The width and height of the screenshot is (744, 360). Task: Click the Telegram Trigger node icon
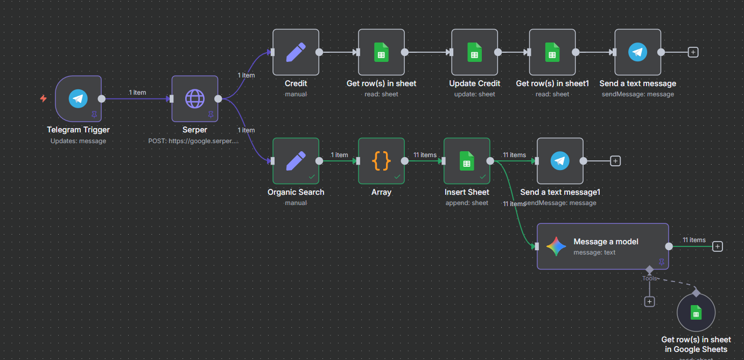click(x=79, y=98)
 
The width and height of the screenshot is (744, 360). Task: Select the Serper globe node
click(x=194, y=98)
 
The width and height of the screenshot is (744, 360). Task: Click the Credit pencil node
click(x=296, y=52)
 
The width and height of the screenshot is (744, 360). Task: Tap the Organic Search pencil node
click(x=296, y=161)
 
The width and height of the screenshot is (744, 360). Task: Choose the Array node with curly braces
click(x=381, y=161)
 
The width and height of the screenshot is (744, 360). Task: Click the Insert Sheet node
click(x=467, y=161)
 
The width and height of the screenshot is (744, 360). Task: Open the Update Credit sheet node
click(x=474, y=52)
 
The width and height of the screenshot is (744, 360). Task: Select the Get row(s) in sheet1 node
click(x=552, y=52)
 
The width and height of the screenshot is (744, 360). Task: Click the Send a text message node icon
click(x=637, y=52)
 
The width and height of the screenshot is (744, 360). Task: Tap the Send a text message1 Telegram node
click(x=560, y=161)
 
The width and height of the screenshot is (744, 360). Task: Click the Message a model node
click(x=602, y=246)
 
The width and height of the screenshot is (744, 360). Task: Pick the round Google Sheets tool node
click(x=696, y=313)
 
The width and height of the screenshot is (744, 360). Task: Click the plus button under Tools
click(x=650, y=302)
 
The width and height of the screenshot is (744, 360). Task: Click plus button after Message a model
click(x=717, y=246)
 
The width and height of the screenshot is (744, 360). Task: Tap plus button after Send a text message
click(x=693, y=52)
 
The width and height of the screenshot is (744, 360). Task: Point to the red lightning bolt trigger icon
click(x=44, y=98)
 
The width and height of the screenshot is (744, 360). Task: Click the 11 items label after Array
click(x=425, y=155)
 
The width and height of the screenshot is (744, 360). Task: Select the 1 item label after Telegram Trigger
click(x=137, y=93)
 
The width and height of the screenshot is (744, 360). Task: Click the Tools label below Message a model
click(x=649, y=278)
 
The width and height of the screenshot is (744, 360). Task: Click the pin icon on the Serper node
click(x=210, y=114)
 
